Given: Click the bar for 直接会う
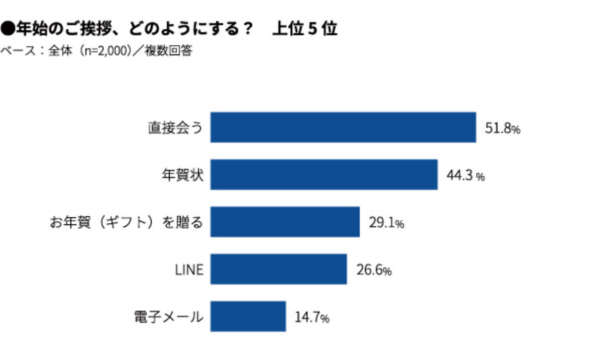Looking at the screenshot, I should click(343, 127).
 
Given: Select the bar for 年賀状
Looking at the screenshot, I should click(324, 174).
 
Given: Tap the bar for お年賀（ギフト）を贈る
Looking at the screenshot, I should click(285, 222).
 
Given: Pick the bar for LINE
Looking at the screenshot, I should click(278, 269).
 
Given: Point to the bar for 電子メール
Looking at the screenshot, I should click(248, 316).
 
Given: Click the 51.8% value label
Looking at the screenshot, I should click(502, 129).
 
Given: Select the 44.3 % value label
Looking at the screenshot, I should click(465, 176).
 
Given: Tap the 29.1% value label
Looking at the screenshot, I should click(386, 223).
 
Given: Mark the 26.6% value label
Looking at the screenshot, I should click(373, 271).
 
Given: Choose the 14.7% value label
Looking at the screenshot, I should click(312, 318).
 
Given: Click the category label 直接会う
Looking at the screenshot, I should click(176, 128).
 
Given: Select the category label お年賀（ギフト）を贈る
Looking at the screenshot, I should click(127, 222).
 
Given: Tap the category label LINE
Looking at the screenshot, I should click(189, 269).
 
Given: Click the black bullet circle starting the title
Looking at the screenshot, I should click(8, 29).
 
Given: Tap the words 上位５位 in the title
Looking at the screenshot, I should click(304, 29).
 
